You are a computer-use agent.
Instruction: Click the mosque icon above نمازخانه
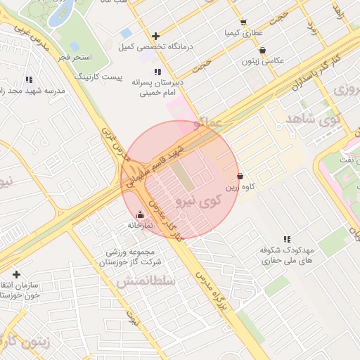pyautogui.click(x=140, y=214)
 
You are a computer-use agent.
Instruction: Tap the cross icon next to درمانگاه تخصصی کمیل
pyautogui.click(x=155, y=36)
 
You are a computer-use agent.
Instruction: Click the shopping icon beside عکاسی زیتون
pyautogui.click(x=262, y=50)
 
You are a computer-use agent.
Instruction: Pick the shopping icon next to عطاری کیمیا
pyautogui.click(x=243, y=22)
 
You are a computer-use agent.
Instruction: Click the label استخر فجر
pyautogui.click(x=74, y=56)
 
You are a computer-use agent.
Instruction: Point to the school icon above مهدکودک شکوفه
pyautogui.click(x=286, y=240)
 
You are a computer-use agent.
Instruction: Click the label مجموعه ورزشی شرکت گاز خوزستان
pyautogui.click(x=134, y=257)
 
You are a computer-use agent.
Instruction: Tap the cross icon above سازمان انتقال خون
pyautogui.click(x=16, y=274)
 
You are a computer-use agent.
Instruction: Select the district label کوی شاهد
pyautogui.click(x=309, y=119)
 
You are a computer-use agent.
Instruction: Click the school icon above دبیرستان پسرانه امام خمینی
pyautogui.click(x=157, y=72)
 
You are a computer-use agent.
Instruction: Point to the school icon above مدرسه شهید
pyautogui.click(x=29, y=80)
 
